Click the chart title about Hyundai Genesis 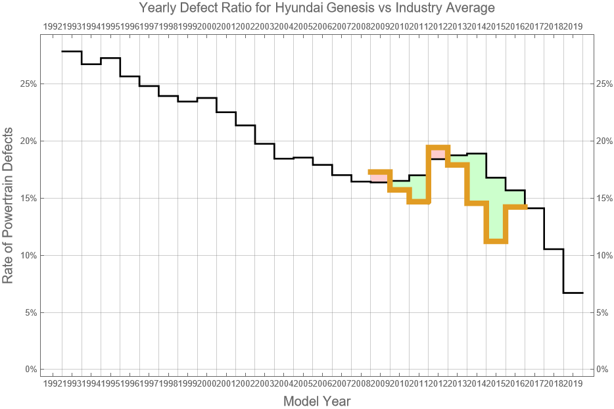coord(316,9)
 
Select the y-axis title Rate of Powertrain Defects coord(8,206)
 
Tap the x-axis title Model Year coord(316,400)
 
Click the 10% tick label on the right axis coord(603,255)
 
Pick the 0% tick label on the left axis coord(29,369)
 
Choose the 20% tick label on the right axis coord(603,141)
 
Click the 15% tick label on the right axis coord(603,198)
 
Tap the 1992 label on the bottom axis coord(52,383)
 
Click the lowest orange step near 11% coord(496,241)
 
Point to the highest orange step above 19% coord(438,147)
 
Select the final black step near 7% coord(573,293)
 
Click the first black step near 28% coord(72,51)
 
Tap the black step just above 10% coord(554,249)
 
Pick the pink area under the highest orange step coord(438,154)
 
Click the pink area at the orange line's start coord(379,178)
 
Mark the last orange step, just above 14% coord(515,206)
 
